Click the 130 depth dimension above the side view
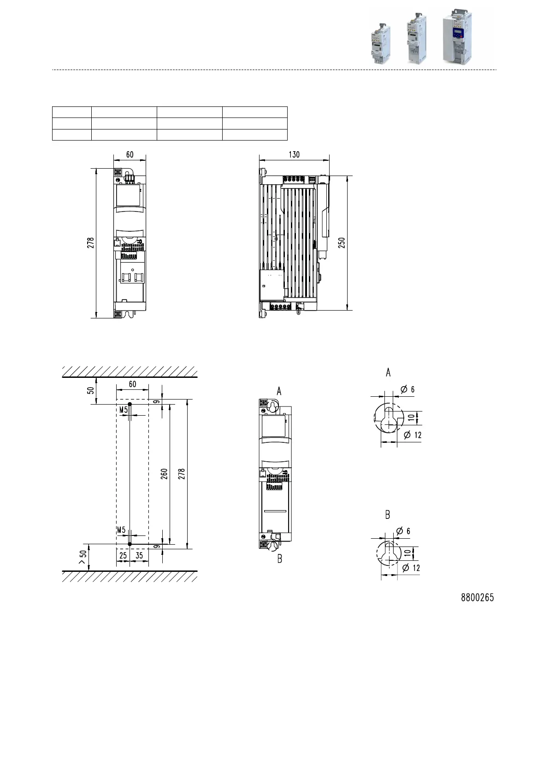(294, 154)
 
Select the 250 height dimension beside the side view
(342, 242)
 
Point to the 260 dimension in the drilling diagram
(164, 474)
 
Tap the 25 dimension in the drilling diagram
(123, 555)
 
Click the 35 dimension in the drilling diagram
(139, 555)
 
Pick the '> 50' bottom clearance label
(83, 557)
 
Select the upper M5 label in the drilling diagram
(124, 410)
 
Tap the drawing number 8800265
(477, 598)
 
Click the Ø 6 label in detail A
(407, 389)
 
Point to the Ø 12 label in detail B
(411, 568)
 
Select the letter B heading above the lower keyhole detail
(388, 515)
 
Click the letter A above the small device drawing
(279, 392)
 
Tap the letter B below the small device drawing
(280, 559)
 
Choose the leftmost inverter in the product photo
(380, 44)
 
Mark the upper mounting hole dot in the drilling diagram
(130, 404)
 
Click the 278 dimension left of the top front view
(90, 242)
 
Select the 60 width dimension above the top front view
(130, 154)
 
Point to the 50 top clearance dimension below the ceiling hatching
(90, 390)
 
